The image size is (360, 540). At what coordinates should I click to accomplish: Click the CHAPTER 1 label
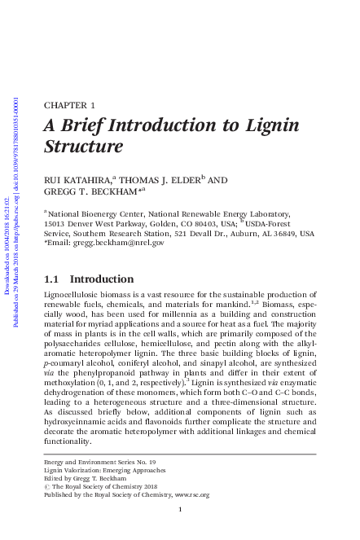[68, 106]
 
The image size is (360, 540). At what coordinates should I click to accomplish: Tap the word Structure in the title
[83, 147]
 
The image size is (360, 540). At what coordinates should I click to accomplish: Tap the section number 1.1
[50, 279]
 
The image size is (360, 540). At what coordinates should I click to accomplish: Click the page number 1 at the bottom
[179, 510]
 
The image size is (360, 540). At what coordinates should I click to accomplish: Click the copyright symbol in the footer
[46, 486]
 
